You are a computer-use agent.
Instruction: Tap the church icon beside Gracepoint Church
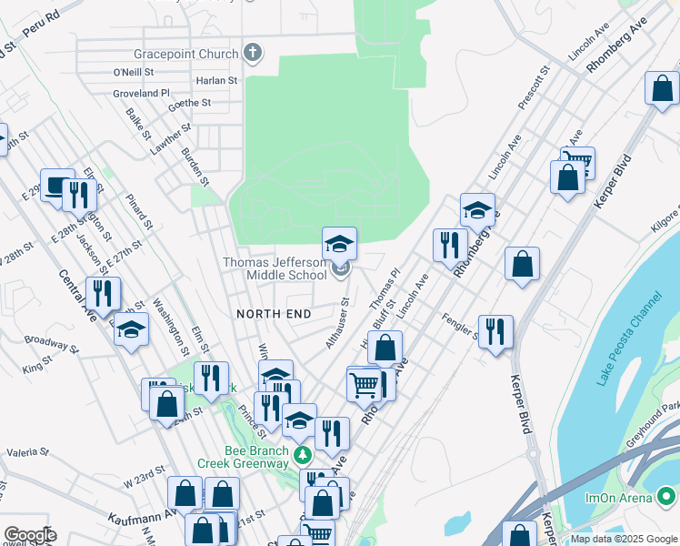coord(253,53)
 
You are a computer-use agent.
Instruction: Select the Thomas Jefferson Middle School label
coord(275,268)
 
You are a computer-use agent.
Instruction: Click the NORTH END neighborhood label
coord(274,314)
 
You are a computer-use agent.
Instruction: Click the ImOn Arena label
coord(620,498)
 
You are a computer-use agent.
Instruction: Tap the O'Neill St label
coord(134,71)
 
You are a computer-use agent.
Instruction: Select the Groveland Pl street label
coord(141,93)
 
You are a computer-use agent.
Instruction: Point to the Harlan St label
coord(216,80)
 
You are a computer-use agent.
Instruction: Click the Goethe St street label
coord(190,104)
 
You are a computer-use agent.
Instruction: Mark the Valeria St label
coord(27,451)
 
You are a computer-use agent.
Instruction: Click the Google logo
coord(29,535)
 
